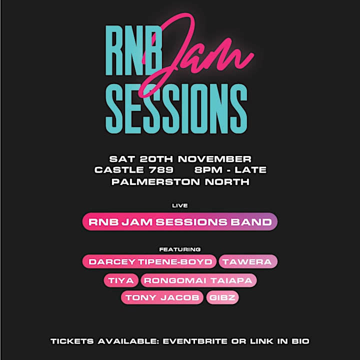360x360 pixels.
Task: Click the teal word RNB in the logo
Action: tap(133, 50)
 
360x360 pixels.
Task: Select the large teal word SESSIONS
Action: tap(176, 108)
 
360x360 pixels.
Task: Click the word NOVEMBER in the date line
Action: tap(214, 159)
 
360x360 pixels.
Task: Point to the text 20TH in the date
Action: tap(156, 159)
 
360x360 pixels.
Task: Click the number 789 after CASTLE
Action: tap(161, 170)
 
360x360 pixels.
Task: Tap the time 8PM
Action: tap(208, 170)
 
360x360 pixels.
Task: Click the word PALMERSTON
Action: tap(155, 182)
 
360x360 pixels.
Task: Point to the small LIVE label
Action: tap(180, 205)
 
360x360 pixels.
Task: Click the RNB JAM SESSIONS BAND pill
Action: tap(180, 221)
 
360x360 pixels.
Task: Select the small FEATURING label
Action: tap(180, 249)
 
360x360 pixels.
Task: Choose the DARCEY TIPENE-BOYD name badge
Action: tap(149, 261)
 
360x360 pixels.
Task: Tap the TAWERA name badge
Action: tap(248, 261)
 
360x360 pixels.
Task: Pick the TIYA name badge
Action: tap(121, 280)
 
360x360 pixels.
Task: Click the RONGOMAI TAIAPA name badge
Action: tap(198, 280)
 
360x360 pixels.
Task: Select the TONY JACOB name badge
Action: tap(162, 297)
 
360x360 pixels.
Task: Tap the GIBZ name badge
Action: tap(222, 297)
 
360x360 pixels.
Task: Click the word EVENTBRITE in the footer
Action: tap(195, 341)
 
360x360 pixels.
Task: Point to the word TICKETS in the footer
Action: tap(72, 341)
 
